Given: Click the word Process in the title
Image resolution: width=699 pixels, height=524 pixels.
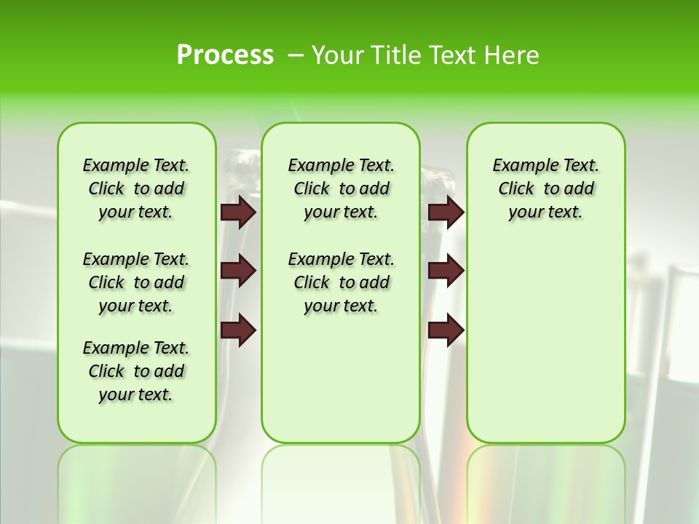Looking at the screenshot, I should click(x=225, y=55).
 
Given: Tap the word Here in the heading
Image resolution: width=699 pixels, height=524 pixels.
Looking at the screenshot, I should click(x=513, y=55).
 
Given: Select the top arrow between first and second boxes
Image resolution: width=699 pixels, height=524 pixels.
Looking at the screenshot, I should click(x=238, y=213).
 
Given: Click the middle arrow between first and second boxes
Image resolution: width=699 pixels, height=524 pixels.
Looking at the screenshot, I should click(x=238, y=271).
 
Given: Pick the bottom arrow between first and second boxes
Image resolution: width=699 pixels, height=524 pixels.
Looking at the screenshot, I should click(x=238, y=330).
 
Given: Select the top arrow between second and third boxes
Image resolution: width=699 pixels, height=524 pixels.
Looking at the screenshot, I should click(x=446, y=213).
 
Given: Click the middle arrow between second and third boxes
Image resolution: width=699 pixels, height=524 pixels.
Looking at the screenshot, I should click(x=446, y=271).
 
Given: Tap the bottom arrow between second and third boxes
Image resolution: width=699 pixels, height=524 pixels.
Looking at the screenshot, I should click(x=446, y=330).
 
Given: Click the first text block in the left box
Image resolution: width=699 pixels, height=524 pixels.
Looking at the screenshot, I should click(x=136, y=188).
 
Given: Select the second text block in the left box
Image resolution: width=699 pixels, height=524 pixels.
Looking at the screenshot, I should click(x=136, y=282).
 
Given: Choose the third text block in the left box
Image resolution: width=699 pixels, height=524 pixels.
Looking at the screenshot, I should click(x=136, y=371).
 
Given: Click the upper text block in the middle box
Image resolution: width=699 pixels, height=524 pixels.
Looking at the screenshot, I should click(x=341, y=188).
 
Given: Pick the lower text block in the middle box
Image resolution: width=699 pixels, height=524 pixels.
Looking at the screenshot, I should click(x=341, y=282).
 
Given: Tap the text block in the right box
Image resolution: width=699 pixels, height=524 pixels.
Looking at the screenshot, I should click(x=545, y=188).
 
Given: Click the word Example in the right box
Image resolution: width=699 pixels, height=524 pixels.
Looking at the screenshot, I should click(x=520, y=166).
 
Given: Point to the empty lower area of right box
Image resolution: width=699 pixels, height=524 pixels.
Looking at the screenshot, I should click(x=545, y=349).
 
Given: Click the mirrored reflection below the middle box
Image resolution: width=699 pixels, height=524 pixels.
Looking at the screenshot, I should click(x=341, y=480).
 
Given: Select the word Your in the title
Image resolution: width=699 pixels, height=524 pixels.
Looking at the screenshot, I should click(x=336, y=55).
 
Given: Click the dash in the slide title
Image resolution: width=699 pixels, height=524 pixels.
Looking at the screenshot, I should click(x=296, y=55).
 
